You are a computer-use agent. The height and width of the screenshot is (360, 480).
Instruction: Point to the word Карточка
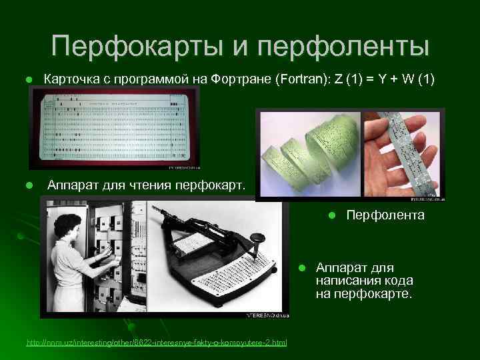click(70, 80)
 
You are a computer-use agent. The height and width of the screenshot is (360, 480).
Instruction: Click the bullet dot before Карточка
click(29, 81)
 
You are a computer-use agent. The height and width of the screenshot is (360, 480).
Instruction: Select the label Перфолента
click(385, 215)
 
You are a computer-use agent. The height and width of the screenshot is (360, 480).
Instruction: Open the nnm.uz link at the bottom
click(157, 343)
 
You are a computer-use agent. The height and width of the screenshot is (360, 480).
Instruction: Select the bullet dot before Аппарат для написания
click(301, 268)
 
